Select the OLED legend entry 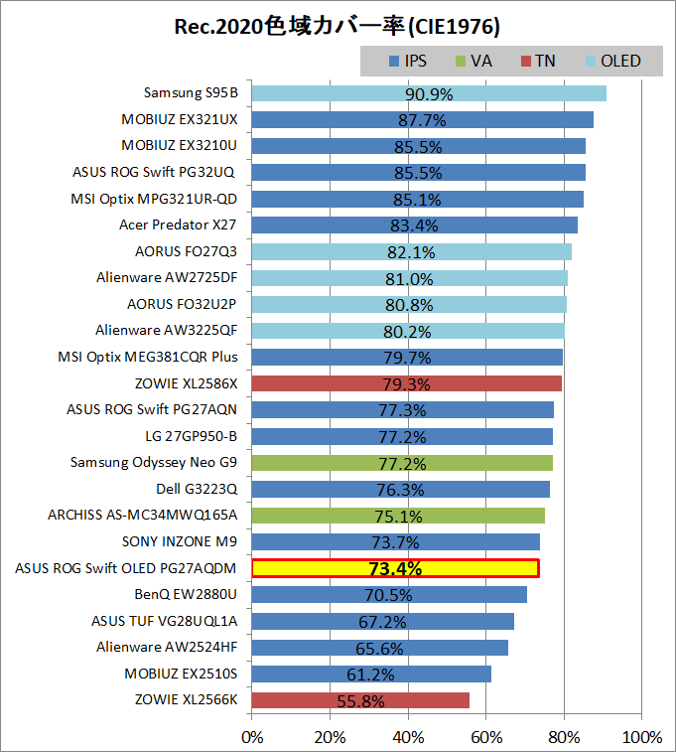pyautogui.click(x=613, y=61)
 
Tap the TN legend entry pyautogui.click(x=538, y=61)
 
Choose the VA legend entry pyautogui.click(x=473, y=61)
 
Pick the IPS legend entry pyautogui.click(x=408, y=61)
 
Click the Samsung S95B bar pyautogui.click(x=429, y=93)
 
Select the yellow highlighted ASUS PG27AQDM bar pyautogui.click(x=396, y=568)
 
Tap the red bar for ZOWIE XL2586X pyautogui.click(x=407, y=383)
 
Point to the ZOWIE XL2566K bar pyautogui.click(x=360, y=700)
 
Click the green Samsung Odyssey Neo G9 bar pyautogui.click(x=402, y=463)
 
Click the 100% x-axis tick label pyautogui.click(x=642, y=737)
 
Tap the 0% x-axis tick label pyautogui.click(x=252, y=737)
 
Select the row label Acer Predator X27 pyautogui.click(x=178, y=225)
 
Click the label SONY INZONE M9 pyautogui.click(x=180, y=541)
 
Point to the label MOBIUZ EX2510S pyautogui.click(x=181, y=674)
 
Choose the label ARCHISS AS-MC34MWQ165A pyautogui.click(x=142, y=516)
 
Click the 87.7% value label pyautogui.click(x=422, y=120)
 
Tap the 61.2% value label pyautogui.click(x=370, y=675)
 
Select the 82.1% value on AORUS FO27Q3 pyautogui.click(x=411, y=252)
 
